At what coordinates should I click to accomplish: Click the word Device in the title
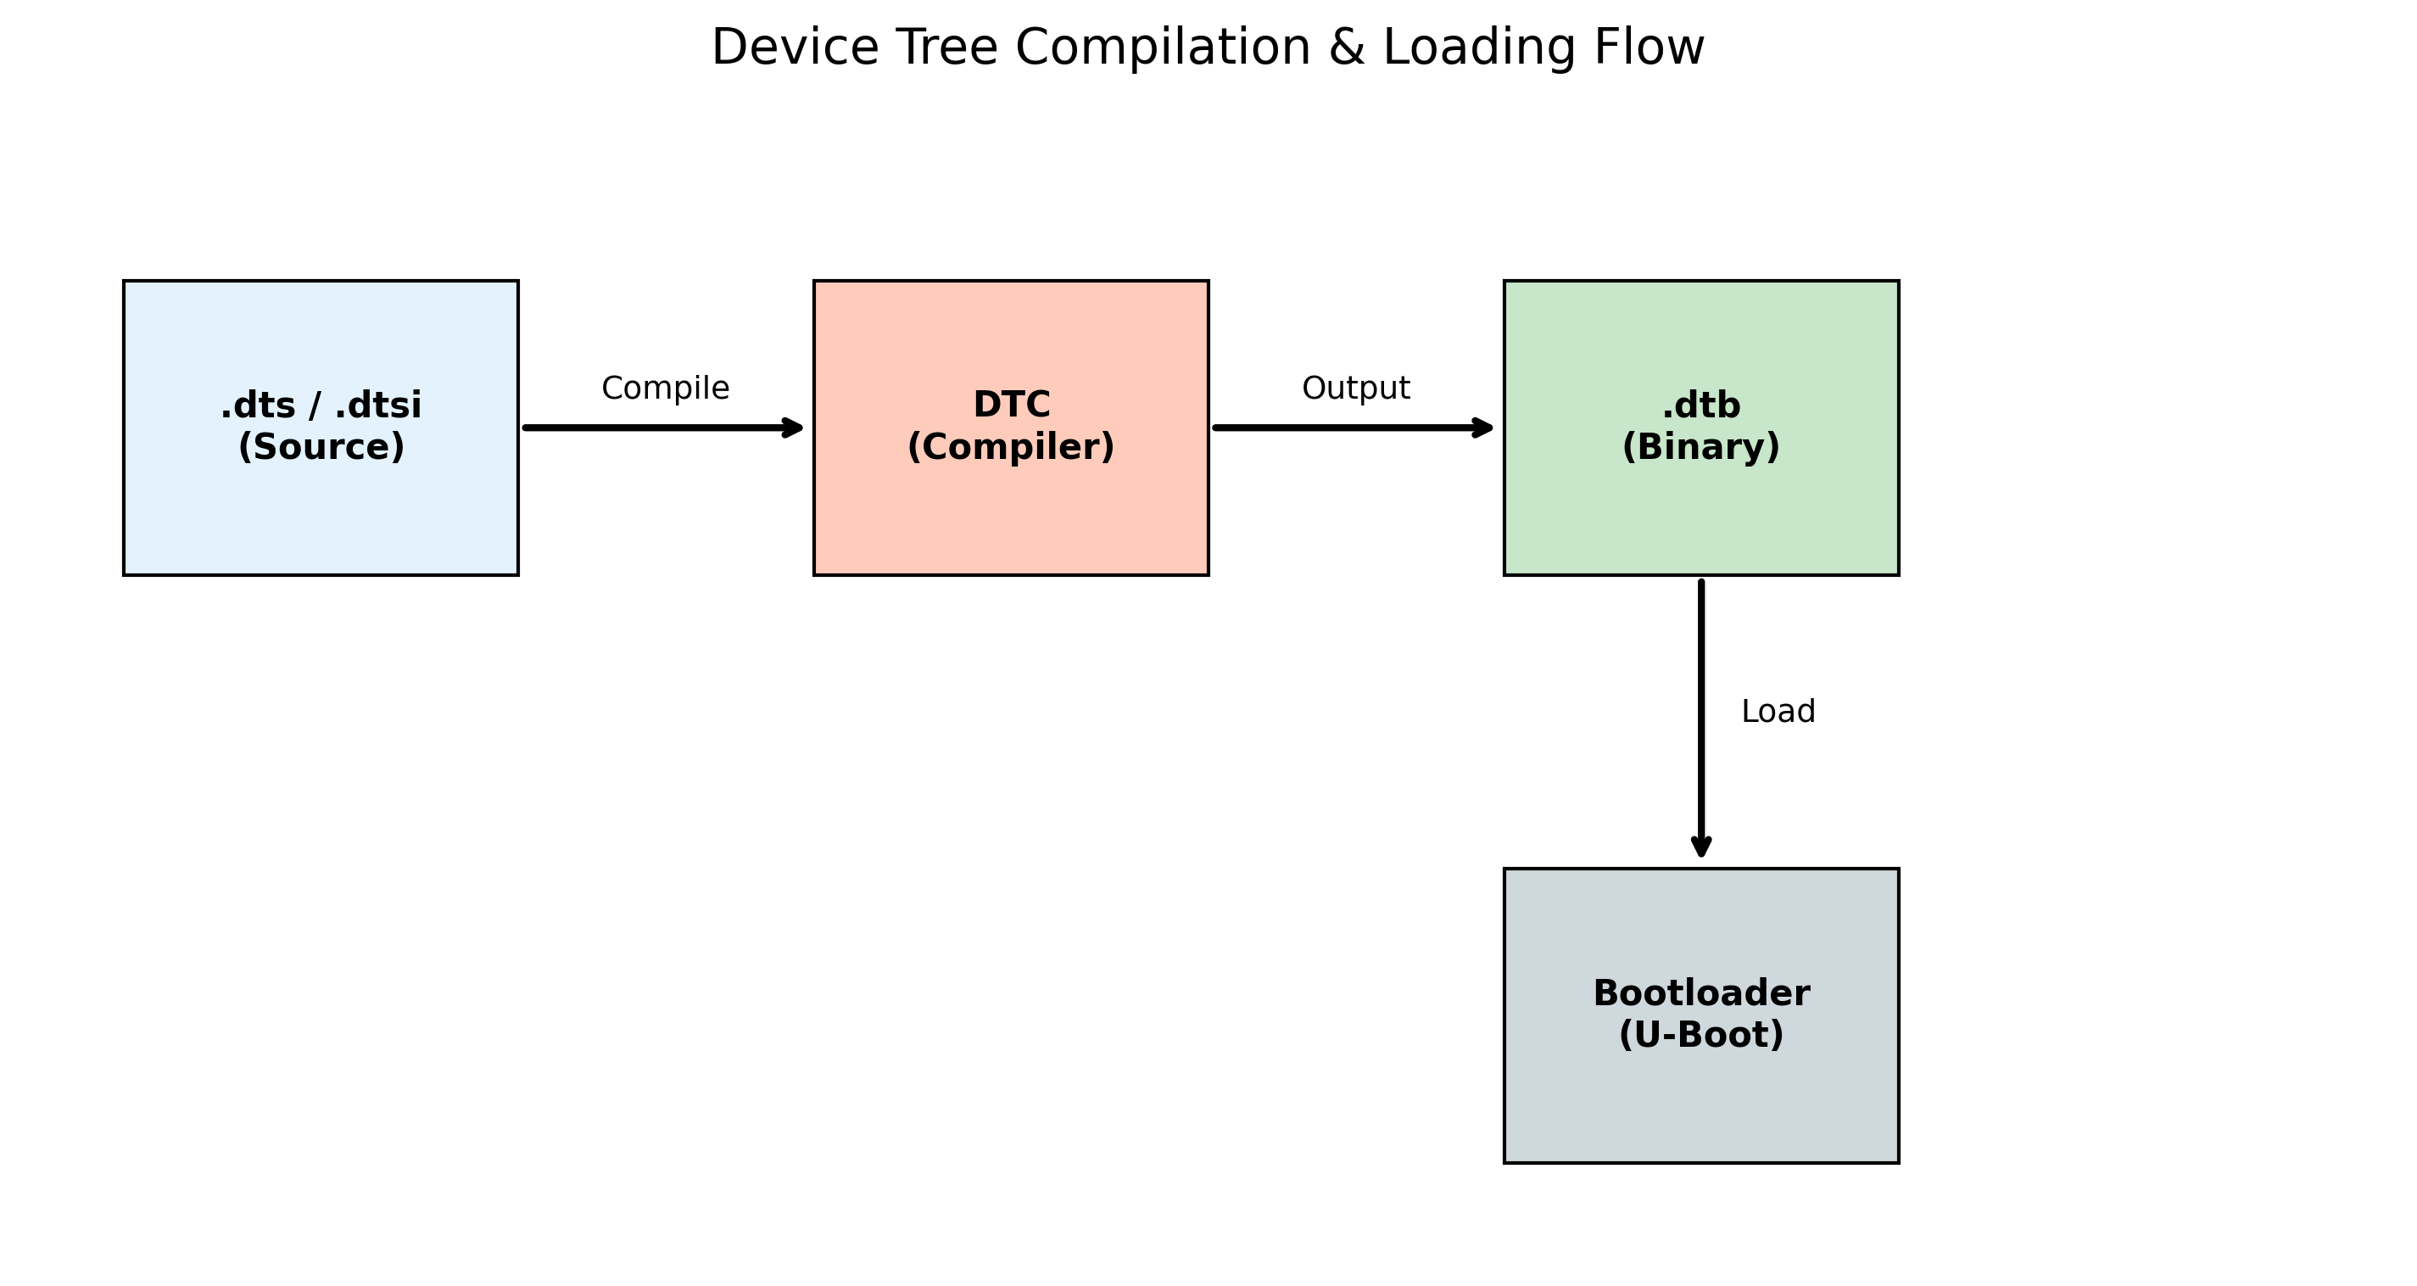[795, 49]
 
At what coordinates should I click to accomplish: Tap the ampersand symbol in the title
[1346, 49]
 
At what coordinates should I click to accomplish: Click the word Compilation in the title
[1163, 49]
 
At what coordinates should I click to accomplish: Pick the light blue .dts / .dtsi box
[320, 517]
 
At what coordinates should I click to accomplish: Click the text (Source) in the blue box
[321, 448]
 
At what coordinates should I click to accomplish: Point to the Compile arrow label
[665, 389]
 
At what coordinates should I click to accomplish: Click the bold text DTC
[1012, 405]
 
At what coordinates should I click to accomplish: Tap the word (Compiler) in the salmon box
[1011, 448]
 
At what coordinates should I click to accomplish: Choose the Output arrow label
[1356, 389]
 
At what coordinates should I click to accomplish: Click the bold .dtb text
[1700, 406]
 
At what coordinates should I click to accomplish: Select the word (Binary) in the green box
[1700, 448]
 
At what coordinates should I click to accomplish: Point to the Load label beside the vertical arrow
[1778, 712]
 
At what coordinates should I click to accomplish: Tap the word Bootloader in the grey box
[1701, 993]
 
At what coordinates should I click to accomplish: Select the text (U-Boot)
[1701, 1036]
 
